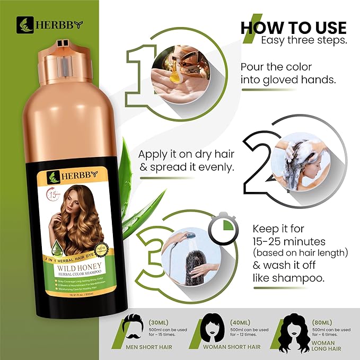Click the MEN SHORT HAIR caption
(142, 347)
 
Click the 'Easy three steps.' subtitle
(303, 40)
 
